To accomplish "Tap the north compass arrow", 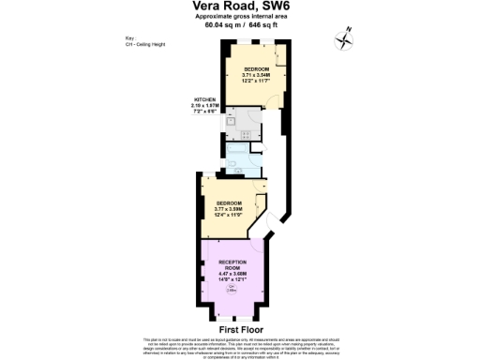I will [344, 38].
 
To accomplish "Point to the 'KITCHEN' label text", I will [205, 99].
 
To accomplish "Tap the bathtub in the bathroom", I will [236, 147].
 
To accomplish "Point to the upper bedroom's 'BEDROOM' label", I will [257, 70].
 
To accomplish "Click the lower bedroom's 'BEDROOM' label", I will [228, 202].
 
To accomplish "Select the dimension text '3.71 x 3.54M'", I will [257, 76].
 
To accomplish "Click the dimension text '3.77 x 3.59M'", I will [228, 209].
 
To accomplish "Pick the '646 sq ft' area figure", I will [261, 27].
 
